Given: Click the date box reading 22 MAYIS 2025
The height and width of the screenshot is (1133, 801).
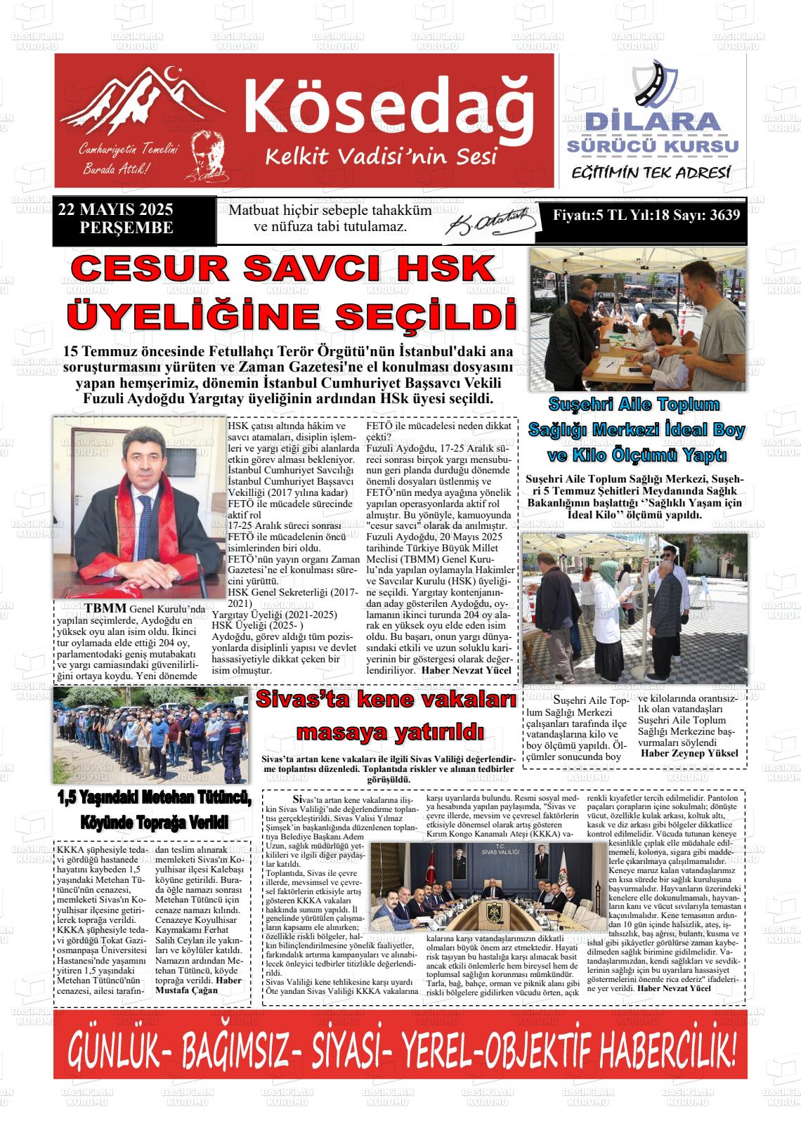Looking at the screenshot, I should [116, 210].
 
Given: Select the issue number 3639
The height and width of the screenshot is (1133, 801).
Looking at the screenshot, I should [723, 215].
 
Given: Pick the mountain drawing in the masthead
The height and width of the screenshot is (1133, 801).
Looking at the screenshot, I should [150, 101].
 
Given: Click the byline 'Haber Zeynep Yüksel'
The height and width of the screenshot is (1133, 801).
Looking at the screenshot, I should [689, 753].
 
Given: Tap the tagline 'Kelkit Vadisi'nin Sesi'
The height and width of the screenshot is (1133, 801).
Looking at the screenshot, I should [381, 156].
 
